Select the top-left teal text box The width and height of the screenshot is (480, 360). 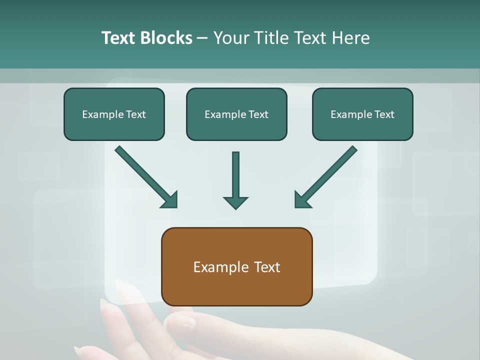click(114, 114)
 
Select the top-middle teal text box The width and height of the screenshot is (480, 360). click(236, 114)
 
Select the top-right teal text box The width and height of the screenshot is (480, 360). click(362, 114)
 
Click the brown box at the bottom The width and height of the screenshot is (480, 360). click(236, 266)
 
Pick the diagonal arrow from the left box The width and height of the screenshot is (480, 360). click(145, 177)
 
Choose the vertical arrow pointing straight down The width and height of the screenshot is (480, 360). click(235, 180)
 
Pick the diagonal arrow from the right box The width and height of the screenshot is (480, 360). click(326, 177)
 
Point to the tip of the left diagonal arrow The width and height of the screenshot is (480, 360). click(176, 206)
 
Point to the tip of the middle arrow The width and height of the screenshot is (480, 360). click(235, 208)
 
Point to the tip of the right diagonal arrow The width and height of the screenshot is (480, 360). click(295, 206)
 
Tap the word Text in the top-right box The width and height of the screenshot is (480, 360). click(384, 114)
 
